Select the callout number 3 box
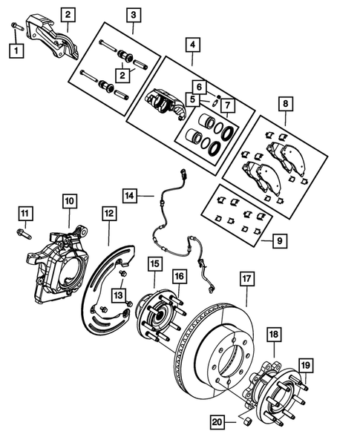click(x=133, y=14)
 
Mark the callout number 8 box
click(x=285, y=104)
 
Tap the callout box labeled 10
click(x=69, y=201)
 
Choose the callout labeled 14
click(x=130, y=196)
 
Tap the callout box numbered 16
click(x=180, y=277)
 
